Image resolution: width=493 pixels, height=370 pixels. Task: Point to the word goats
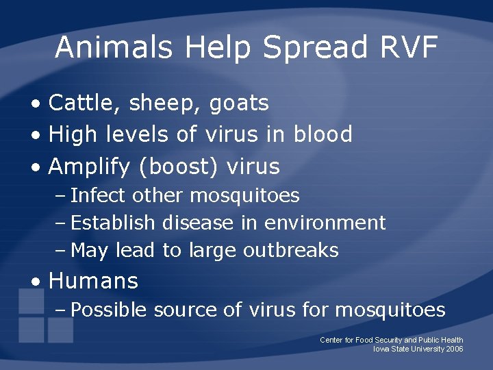239,103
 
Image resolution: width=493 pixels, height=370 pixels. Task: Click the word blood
323,134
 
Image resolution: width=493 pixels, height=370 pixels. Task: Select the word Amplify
87,166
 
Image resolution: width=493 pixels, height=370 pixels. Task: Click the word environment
325,223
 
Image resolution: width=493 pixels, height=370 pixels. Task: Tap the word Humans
94,281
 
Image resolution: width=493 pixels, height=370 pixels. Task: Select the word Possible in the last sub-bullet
109,310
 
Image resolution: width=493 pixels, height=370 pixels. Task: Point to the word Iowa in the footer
381,349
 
